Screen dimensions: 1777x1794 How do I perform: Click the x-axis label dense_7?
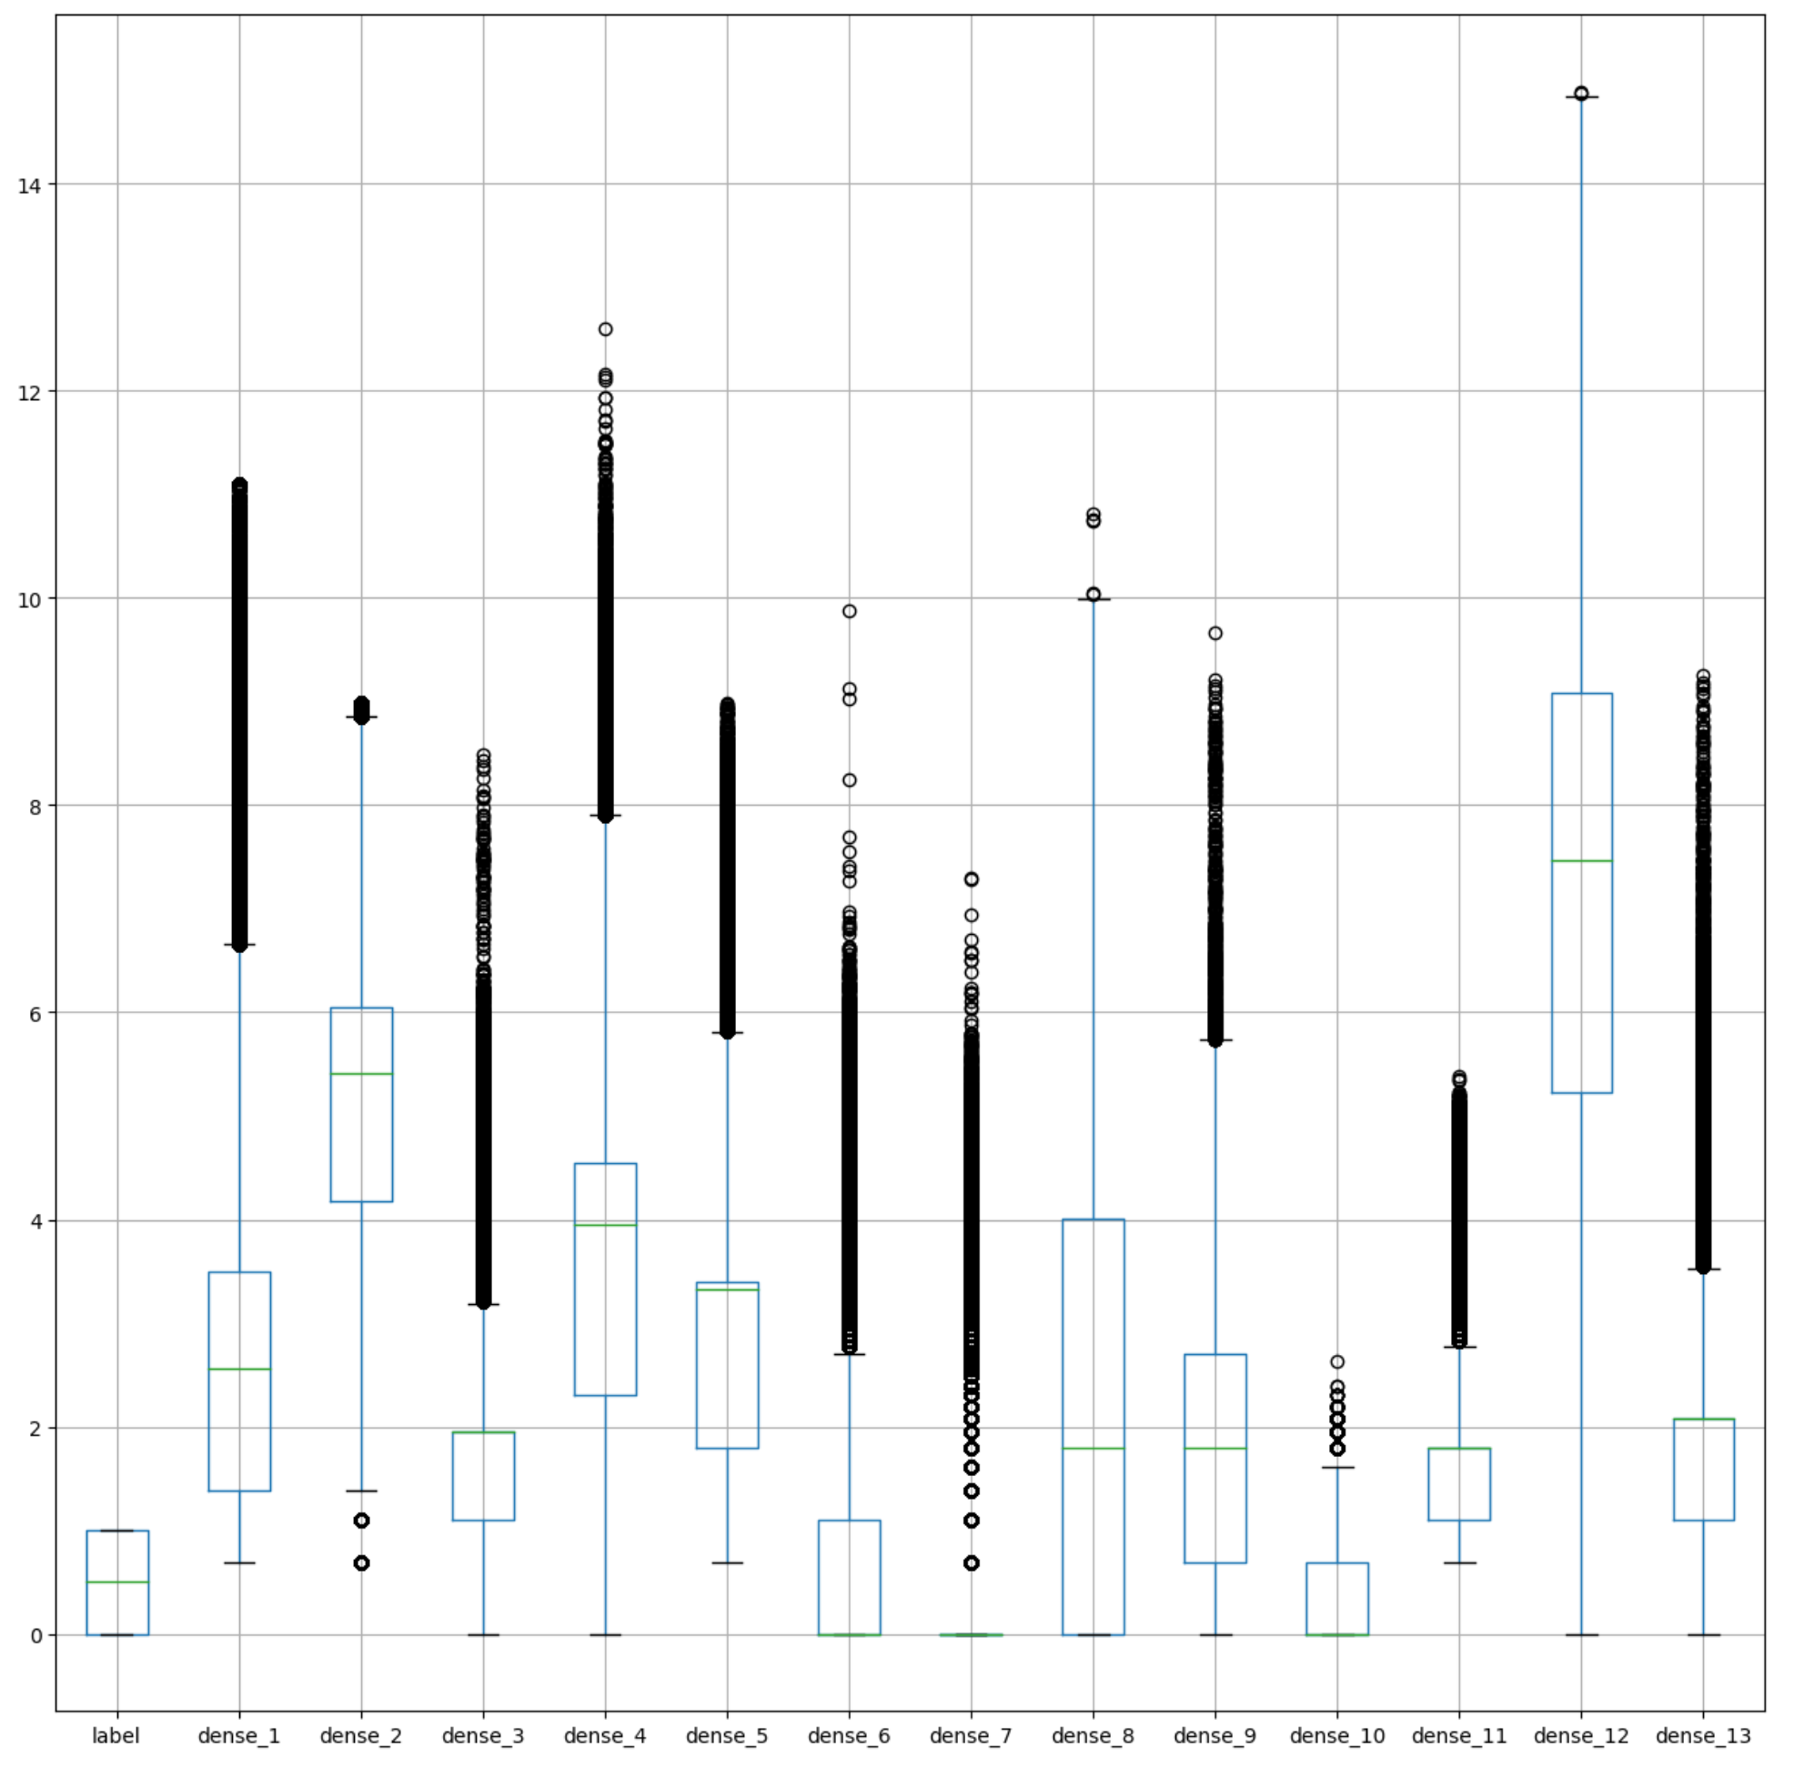[971, 1735]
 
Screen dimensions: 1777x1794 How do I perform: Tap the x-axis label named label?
[116, 1735]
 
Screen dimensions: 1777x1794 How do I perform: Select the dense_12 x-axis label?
[1580, 1735]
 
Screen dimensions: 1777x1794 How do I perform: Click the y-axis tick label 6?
[35, 1013]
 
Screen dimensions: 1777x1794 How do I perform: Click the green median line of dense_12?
[1580, 860]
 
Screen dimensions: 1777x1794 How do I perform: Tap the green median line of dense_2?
[361, 1073]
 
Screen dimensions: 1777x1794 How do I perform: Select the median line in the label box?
[117, 1582]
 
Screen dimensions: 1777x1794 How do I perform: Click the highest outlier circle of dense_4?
[605, 329]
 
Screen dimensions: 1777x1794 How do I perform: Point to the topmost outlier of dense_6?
[849, 611]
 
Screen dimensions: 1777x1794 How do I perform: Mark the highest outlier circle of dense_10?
[1337, 1362]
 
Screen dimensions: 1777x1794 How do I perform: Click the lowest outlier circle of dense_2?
[361, 1563]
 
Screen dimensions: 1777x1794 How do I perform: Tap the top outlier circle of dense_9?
[1214, 633]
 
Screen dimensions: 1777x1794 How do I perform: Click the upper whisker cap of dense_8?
[1093, 600]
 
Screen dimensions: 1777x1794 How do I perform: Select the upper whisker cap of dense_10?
[1337, 1468]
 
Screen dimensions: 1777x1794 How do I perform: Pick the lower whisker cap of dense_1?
[239, 1562]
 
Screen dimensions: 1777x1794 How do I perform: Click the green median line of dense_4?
[605, 1226]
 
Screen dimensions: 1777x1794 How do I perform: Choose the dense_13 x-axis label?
[1702, 1735]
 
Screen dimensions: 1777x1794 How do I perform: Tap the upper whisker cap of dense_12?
[1580, 96]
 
